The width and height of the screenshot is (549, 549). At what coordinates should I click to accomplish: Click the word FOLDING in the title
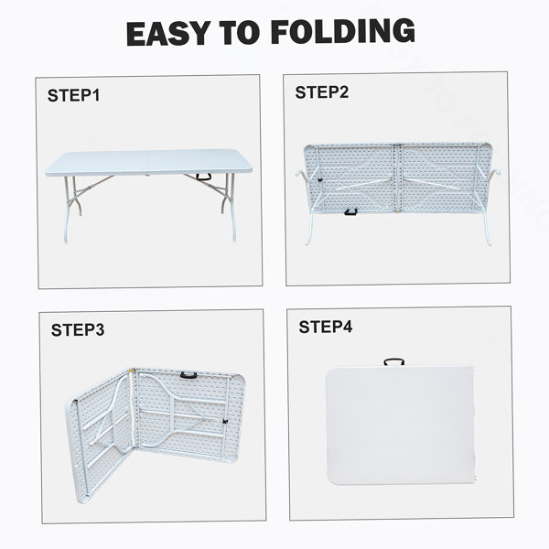click(342, 31)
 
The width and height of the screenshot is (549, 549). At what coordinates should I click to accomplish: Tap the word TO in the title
click(240, 33)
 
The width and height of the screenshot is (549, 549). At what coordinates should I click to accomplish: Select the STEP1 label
click(73, 95)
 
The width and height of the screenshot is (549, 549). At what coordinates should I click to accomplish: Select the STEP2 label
click(322, 92)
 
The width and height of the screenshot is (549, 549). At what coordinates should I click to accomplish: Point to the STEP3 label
click(78, 329)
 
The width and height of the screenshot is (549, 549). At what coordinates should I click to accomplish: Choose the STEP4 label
click(326, 327)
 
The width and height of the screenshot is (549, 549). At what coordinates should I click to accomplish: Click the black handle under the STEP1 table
click(203, 177)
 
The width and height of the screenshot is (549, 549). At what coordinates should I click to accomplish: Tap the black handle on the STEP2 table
click(350, 212)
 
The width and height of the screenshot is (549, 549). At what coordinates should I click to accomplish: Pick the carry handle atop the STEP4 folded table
click(393, 361)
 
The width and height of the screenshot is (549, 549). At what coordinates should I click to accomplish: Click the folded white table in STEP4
click(401, 425)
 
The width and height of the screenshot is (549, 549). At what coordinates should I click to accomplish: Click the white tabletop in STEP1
click(148, 162)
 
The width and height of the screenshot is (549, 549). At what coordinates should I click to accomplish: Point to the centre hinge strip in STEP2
click(397, 178)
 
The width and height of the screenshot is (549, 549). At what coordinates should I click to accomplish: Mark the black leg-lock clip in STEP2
click(319, 180)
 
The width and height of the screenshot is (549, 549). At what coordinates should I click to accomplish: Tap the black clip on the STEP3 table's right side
click(225, 422)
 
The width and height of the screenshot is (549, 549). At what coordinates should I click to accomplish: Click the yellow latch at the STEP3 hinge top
click(132, 370)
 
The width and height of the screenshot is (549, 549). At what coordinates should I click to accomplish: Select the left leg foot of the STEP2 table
click(308, 242)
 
